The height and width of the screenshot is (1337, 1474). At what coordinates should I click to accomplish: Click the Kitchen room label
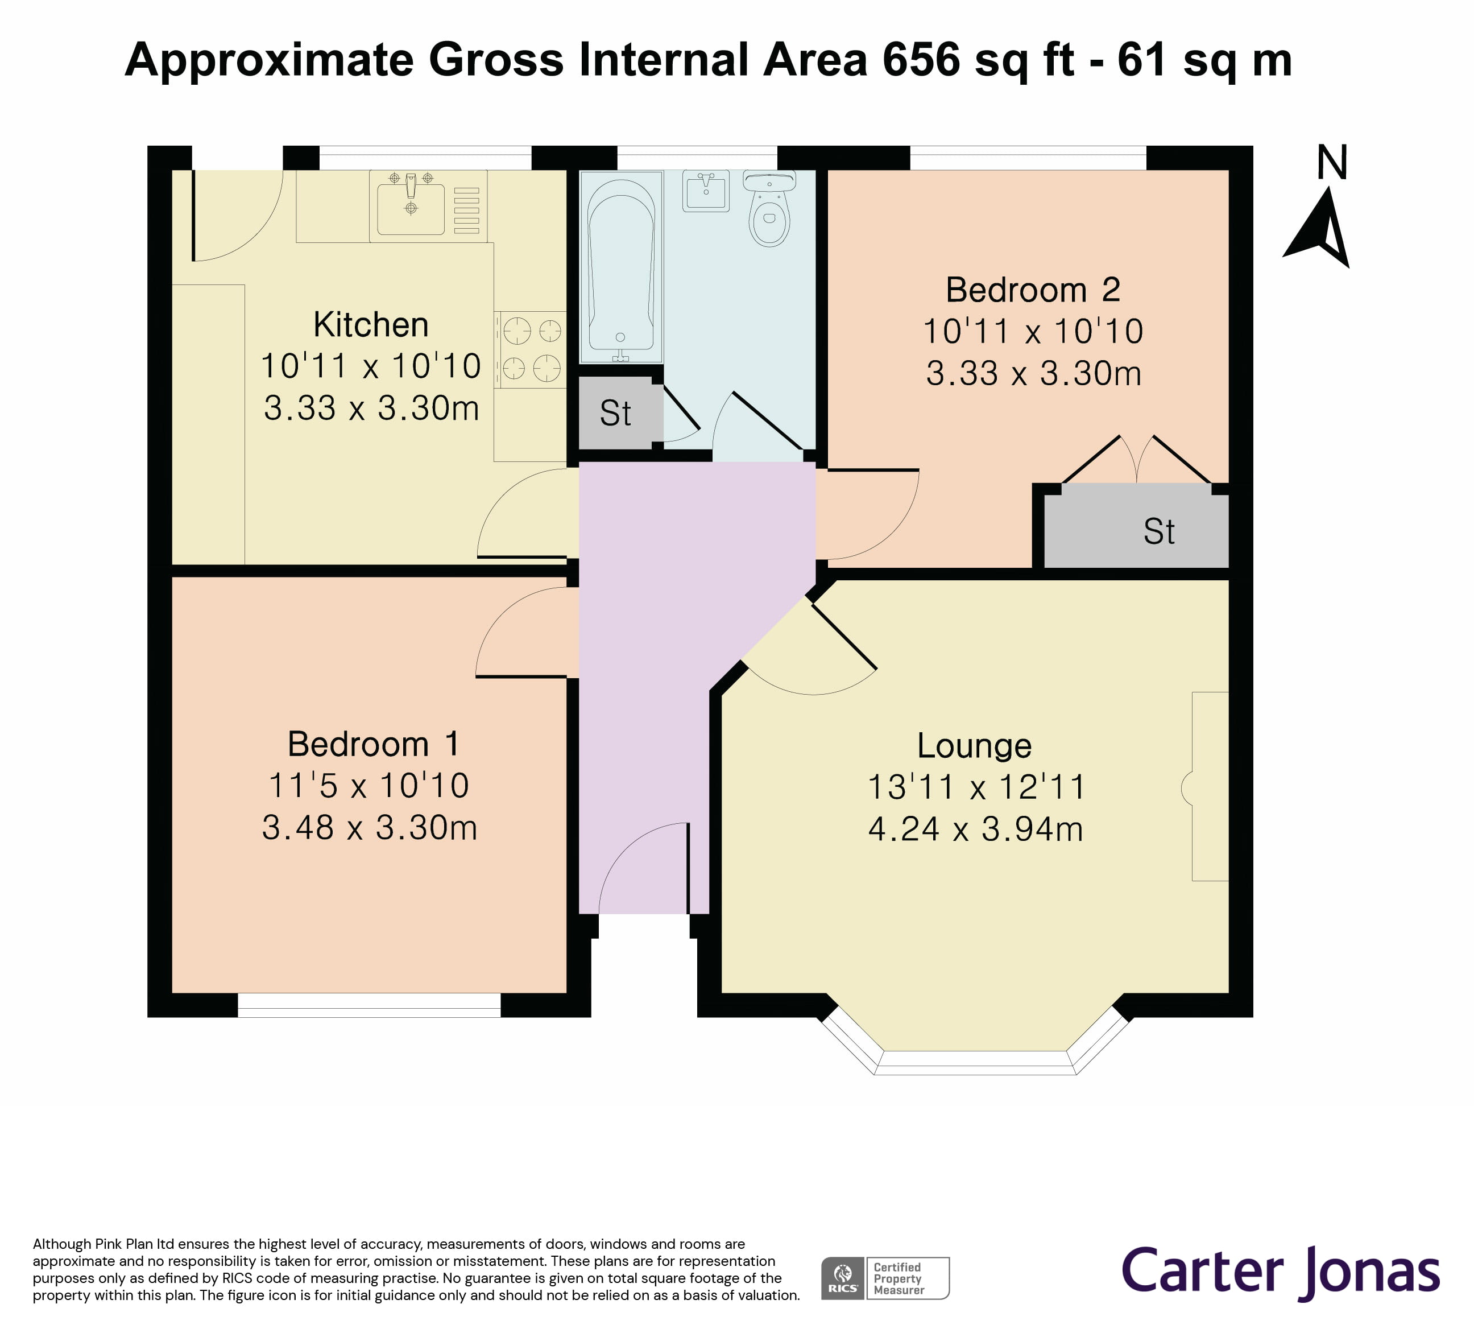[371, 325]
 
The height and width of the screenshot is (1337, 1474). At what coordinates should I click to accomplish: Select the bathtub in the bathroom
[621, 266]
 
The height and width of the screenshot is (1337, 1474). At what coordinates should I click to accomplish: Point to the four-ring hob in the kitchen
[531, 349]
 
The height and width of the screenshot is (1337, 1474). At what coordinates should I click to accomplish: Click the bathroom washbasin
[706, 191]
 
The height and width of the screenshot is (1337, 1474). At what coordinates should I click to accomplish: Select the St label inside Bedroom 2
[1159, 532]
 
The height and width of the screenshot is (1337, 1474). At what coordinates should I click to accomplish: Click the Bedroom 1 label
[373, 745]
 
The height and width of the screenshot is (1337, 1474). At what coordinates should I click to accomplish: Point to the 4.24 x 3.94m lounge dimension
[975, 830]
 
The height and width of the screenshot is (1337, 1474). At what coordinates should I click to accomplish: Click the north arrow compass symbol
[1320, 230]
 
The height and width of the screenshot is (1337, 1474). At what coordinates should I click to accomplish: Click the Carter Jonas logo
[1280, 1271]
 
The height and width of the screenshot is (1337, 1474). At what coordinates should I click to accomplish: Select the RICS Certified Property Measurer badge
[885, 1278]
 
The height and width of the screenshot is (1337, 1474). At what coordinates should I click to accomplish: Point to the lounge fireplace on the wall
[1208, 786]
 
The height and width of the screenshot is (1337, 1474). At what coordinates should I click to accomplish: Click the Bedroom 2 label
[1032, 290]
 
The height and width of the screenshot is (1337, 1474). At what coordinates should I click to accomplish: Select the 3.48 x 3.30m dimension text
[369, 828]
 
